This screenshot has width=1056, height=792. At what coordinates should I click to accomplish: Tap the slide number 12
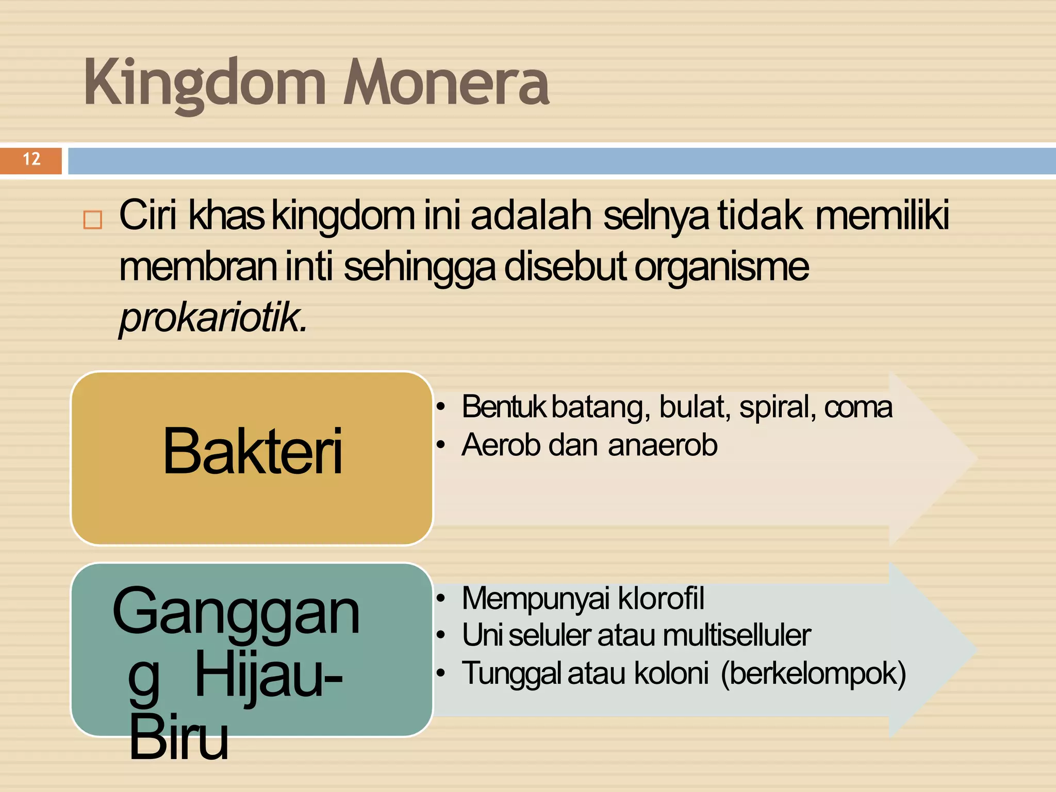click(31, 159)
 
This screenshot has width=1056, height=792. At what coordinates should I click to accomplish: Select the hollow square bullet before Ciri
click(93, 220)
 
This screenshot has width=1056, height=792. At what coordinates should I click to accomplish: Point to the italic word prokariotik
click(212, 317)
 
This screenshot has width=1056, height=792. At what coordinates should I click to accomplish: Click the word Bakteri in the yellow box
click(252, 452)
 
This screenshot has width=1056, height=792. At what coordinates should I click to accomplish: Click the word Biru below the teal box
click(178, 738)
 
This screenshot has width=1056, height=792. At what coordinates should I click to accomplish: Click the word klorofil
click(661, 598)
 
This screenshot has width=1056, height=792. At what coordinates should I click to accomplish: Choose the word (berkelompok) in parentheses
click(813, 673)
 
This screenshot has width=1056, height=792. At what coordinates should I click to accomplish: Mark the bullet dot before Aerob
click(440, 445)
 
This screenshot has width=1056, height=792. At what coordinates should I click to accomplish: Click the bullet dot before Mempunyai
click(440, 598)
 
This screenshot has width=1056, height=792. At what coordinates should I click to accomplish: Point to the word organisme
click(721, 267)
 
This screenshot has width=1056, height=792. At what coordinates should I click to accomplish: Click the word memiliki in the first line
click(882, 216)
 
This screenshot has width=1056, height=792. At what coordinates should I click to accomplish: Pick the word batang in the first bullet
click(599, 407)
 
